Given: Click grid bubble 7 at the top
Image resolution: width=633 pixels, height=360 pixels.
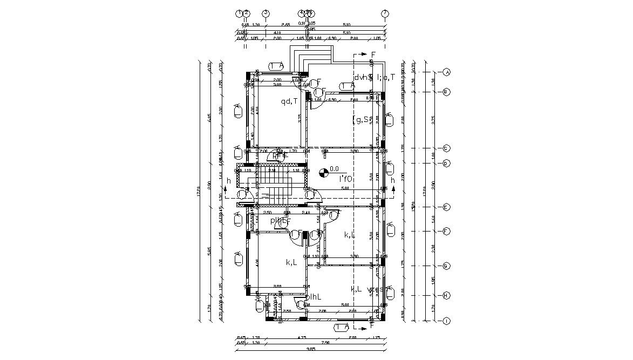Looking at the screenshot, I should pos(385,13).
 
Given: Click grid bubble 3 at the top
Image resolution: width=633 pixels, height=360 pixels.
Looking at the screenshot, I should pos(266,13).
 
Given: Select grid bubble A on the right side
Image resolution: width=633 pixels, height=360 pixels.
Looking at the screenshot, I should pos(446,72).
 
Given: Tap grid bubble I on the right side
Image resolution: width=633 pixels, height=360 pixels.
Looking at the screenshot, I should pos(446,321).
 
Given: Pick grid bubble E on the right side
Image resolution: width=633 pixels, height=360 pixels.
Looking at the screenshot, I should pos(446,207).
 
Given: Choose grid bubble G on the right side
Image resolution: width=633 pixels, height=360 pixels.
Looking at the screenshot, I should pos(446,266).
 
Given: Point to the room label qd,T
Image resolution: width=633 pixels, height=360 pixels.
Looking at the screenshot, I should pos(289,101).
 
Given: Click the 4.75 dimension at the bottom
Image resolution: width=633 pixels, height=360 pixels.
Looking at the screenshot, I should pos(303,337).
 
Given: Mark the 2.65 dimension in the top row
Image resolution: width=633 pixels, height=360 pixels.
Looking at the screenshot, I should pos(286,25).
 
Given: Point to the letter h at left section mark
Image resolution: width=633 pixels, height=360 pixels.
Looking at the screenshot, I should pos(229,180).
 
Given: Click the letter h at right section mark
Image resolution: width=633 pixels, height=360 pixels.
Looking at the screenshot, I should pos(393,179).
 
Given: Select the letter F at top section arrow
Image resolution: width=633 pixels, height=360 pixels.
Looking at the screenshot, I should pos(372,55).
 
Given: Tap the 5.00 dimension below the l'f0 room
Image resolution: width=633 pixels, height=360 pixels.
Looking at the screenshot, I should pos(345,188).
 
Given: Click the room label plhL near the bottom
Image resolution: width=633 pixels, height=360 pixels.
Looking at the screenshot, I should pos(314,297).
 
